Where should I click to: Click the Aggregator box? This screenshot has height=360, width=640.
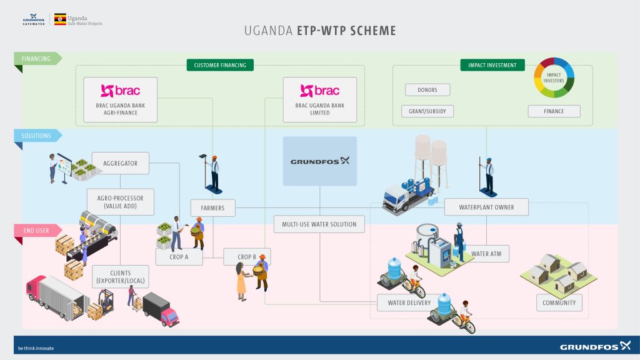pyautogui.click(x=121, y=164)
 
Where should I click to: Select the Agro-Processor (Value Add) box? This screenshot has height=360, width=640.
pyautogui.click(x=121, y=202)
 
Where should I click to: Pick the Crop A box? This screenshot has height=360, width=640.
pyautogui.click(x=179, y=256)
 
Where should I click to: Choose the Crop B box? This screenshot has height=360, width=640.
pyautogui.click(x=246, y=256)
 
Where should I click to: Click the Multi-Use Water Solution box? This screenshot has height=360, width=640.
pyautogui.click(x=319, y=224)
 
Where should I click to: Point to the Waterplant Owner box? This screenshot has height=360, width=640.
pyautogui.click(x=487, y=207)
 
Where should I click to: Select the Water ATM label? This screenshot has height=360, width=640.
pyautogui.click(x=490, y=254)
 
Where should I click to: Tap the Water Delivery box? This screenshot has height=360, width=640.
pyautogui.click(x=405, y=303)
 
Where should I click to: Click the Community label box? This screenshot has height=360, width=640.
pyautogui.click(x=559, y=303)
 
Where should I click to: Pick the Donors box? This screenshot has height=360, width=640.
pyautogui.click(x=427, y=90)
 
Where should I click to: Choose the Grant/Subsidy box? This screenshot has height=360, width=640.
pyautogui.click(x=427, y=111)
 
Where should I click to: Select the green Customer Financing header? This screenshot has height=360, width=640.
pyautogui.click(x=219, y=65)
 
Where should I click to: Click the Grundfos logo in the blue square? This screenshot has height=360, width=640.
pyautogui.click(x=319, y=161)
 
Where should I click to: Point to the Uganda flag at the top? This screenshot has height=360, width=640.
pyautogui.click(x=61, y=19)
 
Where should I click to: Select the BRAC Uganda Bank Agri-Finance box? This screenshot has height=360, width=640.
pyautogui.click(x=121, y=100)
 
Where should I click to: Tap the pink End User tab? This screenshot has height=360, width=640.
pyautogui.click(x=36, y=231)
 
